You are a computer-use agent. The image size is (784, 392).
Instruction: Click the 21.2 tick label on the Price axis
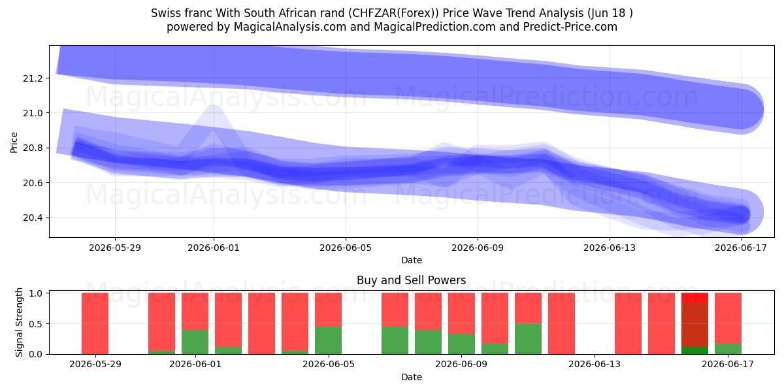tap(33, 78)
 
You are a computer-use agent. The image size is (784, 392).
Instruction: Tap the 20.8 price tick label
tap(33, 148)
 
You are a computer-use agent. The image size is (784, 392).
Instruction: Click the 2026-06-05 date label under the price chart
tap(346, 248)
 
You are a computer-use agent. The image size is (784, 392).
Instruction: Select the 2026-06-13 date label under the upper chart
tap(610, 248)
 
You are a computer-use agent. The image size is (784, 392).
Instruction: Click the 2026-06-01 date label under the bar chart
tap(195, 365)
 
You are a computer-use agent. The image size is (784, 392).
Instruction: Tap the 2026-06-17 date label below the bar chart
tap(728, 365)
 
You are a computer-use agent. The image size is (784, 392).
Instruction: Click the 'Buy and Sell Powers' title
tap(411, 280)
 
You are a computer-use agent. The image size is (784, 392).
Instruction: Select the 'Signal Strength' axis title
tap(19, 322)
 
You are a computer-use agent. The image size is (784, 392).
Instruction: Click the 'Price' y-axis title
tap(14, 142)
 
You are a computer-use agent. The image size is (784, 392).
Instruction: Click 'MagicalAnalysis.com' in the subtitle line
tap(290, 27)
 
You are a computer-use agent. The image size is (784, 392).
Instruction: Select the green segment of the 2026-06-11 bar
tap(528, 339)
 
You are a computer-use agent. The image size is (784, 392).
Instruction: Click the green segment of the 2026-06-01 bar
tap(195, 342)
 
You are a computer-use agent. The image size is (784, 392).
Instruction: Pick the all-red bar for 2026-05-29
tap(95, 323)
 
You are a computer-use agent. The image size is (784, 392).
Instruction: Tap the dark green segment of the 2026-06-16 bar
tap(694, 350)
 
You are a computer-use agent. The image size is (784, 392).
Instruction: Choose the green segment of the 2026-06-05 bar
tap(328, 340)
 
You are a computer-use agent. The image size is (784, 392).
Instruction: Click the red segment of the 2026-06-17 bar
tap(728, 319)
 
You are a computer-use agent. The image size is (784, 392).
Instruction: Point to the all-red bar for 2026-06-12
tap(561, 323)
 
